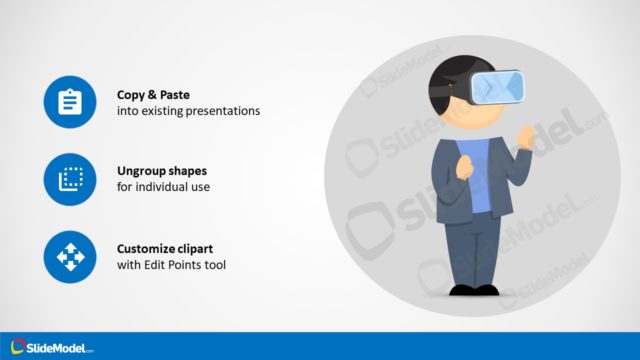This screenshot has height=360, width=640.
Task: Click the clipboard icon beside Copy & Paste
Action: pyautogui.click(x=70, y=102)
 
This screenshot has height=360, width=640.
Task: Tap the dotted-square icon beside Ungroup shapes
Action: pyautogui.click(x=70, y=180)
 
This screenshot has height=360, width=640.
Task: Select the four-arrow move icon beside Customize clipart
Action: pyautogui.click(x=70, y=258)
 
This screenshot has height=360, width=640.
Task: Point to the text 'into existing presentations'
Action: pyautogui.click(x=188, y=111)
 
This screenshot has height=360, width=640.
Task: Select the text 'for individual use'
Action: pyautogui.click(x=163, y=188)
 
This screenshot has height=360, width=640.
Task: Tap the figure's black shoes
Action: pyautogui.click(x=473, y=289)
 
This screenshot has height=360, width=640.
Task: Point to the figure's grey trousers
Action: pyautogui.click(x=473, y=250)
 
